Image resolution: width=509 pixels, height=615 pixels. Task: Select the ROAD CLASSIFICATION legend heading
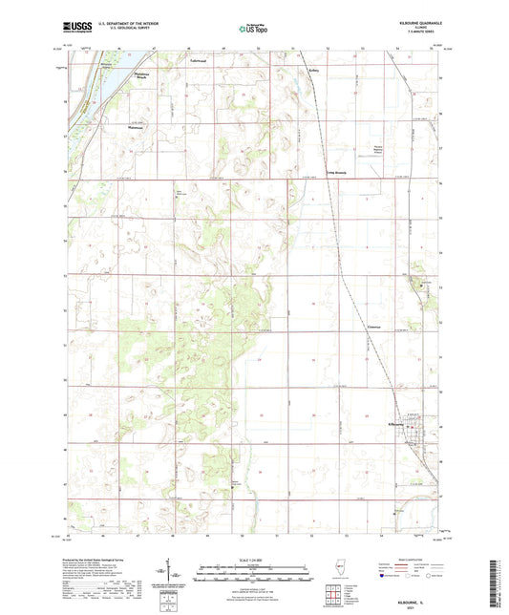pos(401,561)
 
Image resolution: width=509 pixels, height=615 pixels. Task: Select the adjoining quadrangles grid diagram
pos(334,597)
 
